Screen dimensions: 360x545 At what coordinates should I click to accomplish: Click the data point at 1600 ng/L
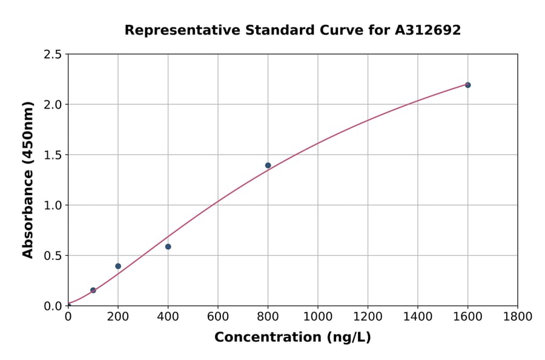tap(467, 85)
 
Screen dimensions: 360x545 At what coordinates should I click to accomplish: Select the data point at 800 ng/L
tap(268, 165)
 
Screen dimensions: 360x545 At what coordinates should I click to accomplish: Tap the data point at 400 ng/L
tap(168, 247)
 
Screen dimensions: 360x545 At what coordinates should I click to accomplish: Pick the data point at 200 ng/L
tap(118, 266)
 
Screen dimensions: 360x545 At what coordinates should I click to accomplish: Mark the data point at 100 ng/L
tap(93, 290)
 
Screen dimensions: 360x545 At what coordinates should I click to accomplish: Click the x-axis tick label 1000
tap(317, 316)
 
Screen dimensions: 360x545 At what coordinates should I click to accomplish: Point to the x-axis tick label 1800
tap(517, 316)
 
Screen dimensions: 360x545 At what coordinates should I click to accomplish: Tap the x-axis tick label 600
tap(217, 316)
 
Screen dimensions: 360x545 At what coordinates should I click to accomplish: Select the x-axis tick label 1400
tap(417, 316)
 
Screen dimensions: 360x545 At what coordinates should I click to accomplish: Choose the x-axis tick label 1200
tap(368, 316)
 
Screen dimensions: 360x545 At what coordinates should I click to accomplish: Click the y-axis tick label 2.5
tap(52, 55)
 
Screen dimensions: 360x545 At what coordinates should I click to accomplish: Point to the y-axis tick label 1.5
tap(52, 155)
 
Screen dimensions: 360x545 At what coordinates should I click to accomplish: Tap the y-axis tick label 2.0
tap(52, 105)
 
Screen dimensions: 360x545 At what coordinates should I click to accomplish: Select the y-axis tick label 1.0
tap(52, 205)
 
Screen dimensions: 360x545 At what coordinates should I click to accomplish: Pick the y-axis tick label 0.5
tap(52, 256)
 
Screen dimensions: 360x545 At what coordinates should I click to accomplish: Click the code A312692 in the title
tap(428, 30)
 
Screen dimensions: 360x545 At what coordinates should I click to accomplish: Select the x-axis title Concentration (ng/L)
tap(292, 338)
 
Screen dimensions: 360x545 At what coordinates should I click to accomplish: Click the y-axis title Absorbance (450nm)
tap(28, 180)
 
